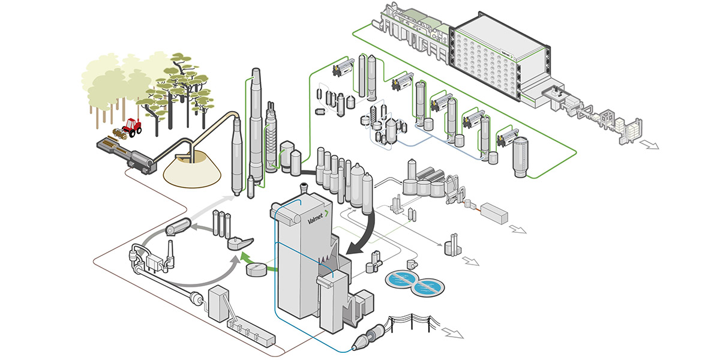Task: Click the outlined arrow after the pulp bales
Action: click(650, 144)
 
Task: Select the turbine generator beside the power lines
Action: click(365, 338)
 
